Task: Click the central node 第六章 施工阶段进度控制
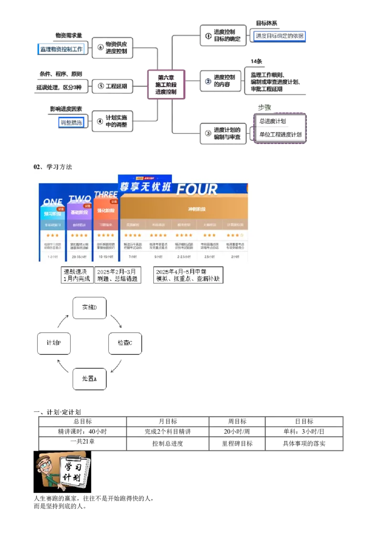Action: (x=166, y=84)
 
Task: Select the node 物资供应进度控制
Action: (x=113, y=47)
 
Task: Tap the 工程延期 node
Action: (x=113, y=87)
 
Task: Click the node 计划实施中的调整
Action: (x=113, y=121)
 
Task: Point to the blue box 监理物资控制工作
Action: (x=62, y=49)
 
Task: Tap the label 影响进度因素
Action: (x=66, y=109)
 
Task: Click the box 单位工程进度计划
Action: (x=280, y=135)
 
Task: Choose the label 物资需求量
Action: (x=69, y=35)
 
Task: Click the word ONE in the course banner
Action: (x=53, y=202)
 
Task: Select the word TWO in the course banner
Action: (x=80, y=198)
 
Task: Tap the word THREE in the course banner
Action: (x=106, y=195)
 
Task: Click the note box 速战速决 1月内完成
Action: (x=76, y=275)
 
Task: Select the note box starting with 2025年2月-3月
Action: (x=117, y=275)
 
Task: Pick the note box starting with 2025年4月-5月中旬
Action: (x=188, y=275)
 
